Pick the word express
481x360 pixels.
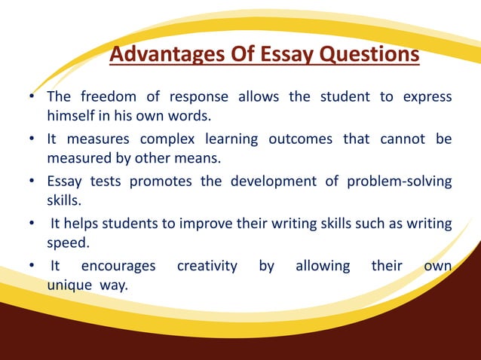coord(426,97)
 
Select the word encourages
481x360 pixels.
coord(118,265)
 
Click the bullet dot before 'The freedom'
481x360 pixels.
coord(32,98)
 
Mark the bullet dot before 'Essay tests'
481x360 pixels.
coord(32,182)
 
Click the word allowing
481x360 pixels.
coord(323,265)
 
